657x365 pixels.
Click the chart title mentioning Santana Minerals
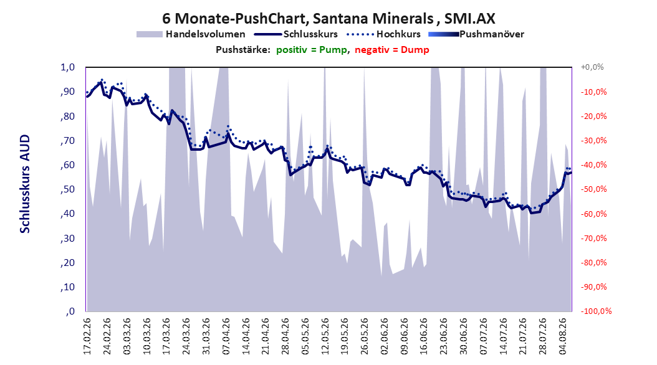(x=328, y=19)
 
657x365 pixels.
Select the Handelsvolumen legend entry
(x=191, y=34)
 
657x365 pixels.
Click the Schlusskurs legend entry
(x=296, y=34)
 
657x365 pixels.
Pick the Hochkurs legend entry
(x=383, y=34)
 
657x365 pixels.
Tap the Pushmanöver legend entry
(x=476, y=34)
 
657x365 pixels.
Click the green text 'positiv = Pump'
(x=312, y=50)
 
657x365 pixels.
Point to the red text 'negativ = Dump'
(x=392, y=50)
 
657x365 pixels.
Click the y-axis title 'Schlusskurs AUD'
(x=25, y=184)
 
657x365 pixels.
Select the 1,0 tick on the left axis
(x=67, y=67)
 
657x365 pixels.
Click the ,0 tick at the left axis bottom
(x=70, y=311)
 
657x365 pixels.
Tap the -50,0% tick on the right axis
(x=593, y=189)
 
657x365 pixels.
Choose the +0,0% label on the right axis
(x=592, y=67)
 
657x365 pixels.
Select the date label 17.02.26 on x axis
(x=87, y=336)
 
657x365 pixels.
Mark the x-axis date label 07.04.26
(x=226, y=336)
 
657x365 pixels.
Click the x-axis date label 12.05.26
(x=325, y=336)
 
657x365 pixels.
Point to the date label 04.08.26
(x=563, y=336)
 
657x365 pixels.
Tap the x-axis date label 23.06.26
(x=444, y=336)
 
